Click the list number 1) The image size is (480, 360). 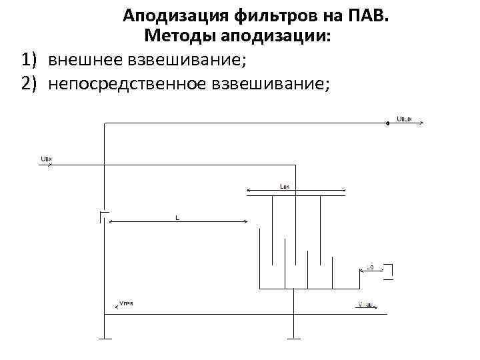30,61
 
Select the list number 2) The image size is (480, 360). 30,84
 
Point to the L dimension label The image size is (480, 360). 177,217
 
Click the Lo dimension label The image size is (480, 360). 371,268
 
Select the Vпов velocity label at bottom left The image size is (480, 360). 126,303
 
